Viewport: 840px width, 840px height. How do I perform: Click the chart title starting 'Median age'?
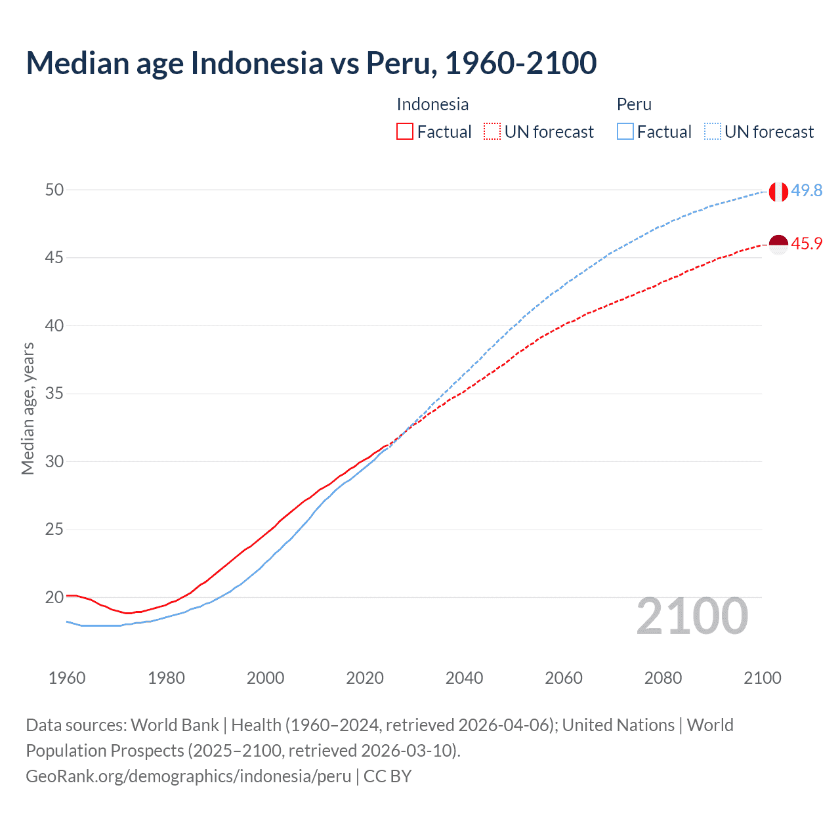pos(311,63)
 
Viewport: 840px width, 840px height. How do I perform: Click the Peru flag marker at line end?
pos(778,192)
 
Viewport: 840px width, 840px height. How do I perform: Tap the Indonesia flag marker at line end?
pos(778,244)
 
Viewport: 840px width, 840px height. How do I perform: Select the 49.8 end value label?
pos(807,191)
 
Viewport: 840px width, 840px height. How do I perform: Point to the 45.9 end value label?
pos(807,243)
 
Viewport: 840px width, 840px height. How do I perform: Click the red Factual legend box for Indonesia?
pos(405,131)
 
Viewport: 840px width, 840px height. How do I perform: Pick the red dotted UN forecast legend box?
pos(492,131)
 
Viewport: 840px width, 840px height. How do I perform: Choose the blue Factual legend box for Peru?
pos(625,131)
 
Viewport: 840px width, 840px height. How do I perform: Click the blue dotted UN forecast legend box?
pos(713,131)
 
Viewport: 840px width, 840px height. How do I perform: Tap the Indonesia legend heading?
pos(432,104)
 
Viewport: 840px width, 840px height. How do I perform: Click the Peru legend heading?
pos(634,104)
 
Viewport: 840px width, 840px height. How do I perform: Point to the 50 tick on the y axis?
pos(54,190)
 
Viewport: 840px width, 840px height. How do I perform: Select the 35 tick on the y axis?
pos(54,394)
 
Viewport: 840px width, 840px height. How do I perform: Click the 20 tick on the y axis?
pos(54,597)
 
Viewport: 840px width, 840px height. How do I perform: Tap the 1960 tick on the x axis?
pos(67,678)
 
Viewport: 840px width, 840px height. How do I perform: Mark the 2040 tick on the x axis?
pos(464,678)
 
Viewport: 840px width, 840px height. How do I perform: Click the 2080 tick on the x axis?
pos(663,678)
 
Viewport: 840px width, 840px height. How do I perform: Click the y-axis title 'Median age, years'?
pos(28,408)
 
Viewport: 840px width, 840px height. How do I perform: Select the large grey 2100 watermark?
pos(692,616)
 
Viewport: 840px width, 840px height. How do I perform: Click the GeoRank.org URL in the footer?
pos(188,776)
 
